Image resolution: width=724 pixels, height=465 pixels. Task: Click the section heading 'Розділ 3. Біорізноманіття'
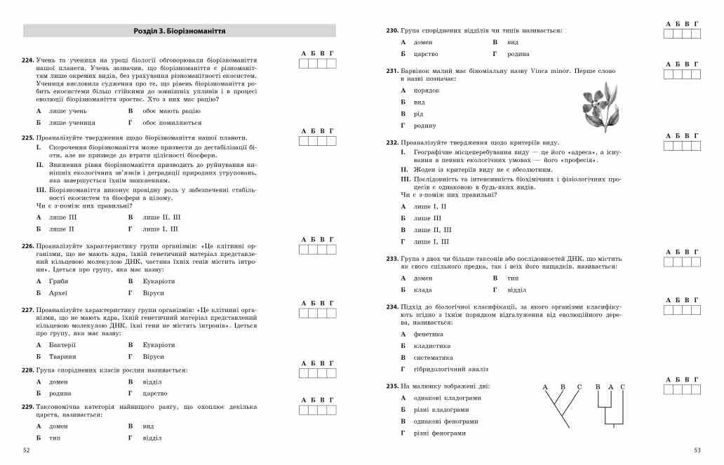coord(180,31)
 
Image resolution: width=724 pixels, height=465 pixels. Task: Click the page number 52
coord(27,450)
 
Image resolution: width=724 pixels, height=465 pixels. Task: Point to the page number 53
coord(697,450)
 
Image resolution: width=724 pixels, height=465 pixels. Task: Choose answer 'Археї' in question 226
coord(58,292)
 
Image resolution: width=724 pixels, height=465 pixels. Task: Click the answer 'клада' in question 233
coord(423,290)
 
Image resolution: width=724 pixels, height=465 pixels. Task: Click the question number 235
coord(392,386)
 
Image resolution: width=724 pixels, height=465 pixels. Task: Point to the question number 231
coord(392,71)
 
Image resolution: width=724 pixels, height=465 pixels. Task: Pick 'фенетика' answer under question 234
coord(428,334)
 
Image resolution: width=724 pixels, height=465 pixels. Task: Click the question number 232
coord(392,142)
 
